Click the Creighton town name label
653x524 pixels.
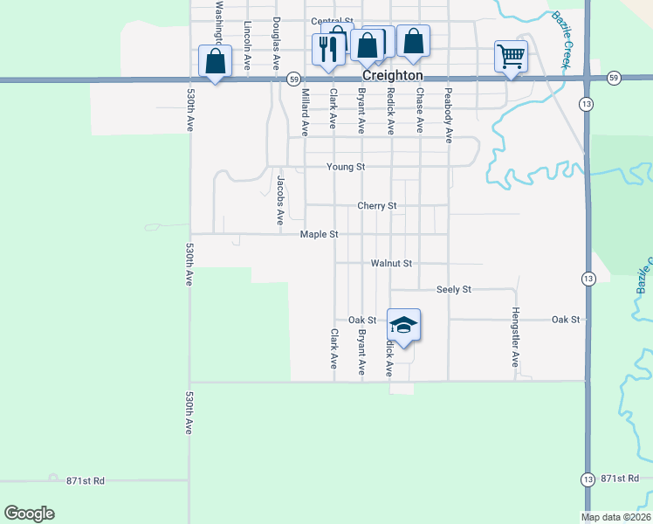[392, 76]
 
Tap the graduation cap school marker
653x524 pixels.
[403, 326]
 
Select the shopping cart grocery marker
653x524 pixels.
[511, 57]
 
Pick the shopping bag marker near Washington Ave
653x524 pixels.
[215, 61]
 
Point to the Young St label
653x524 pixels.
[346, 167]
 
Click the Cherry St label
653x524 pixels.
[377, 206]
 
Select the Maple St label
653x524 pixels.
[320, 234]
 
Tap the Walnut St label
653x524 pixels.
[390, 263]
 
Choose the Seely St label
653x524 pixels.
[454, 289]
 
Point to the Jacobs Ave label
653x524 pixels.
[280, 200]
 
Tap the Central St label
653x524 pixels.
[333, 21]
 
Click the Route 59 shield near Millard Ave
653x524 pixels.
[294, 79]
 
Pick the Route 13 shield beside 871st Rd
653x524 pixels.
[588, 479]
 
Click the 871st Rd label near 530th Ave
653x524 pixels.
[85, 480]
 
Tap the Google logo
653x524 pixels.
[29, 514]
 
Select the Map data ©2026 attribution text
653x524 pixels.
[616, 517]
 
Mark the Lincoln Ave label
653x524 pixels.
[248, 45]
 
